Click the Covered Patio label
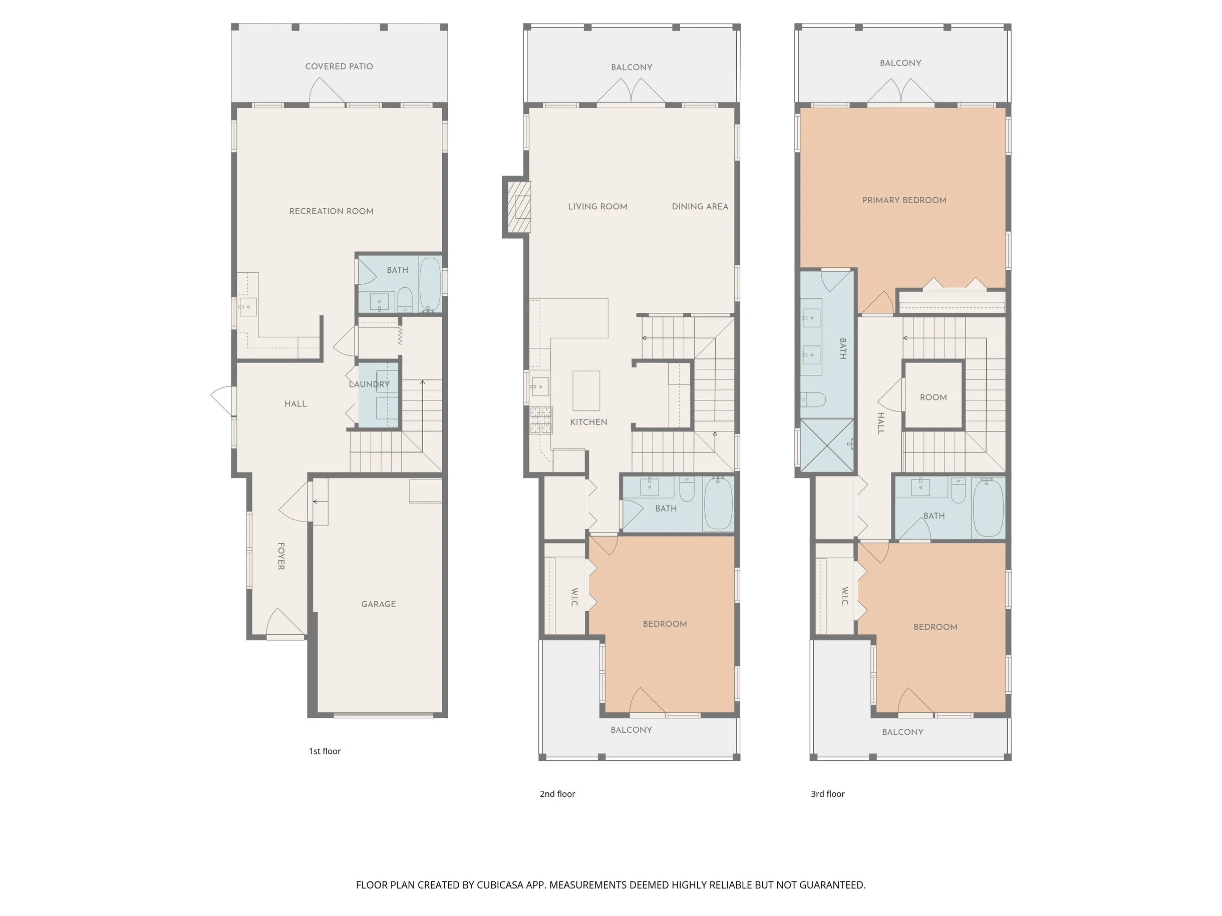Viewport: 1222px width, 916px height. (339, 66)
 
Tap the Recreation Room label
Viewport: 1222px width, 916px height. (332, 211)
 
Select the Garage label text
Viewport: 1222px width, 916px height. (379, 604)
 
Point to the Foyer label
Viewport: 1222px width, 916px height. (281, 556)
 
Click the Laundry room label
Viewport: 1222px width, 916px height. (370, 384)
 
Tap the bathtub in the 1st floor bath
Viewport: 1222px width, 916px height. (430, 284)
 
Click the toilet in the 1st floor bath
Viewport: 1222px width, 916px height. (405, 299)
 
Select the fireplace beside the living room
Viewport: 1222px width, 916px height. (516, 207)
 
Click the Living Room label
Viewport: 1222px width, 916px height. (598, 207)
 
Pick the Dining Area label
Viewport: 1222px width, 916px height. (700, 207)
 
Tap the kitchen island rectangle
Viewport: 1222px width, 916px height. (586, 390)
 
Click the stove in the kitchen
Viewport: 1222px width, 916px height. (541, 419)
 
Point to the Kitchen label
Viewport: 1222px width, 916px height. (589, 422)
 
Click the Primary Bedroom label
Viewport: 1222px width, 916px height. (904, 200)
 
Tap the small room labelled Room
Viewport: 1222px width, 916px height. (934, 395)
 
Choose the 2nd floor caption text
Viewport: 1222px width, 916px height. (557, 794)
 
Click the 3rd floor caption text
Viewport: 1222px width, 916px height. (827, 794)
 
